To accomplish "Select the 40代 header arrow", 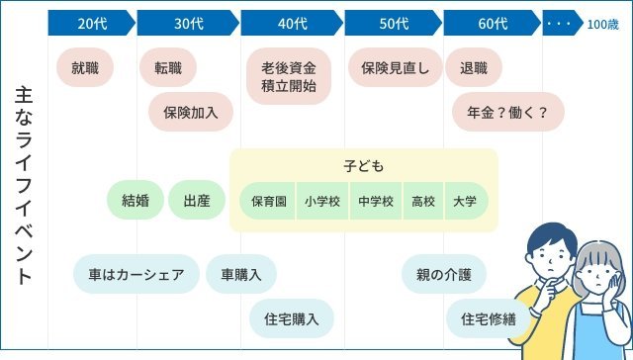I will click(291, 25).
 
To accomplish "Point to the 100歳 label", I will click(602, 25).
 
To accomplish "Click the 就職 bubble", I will click(92, 68).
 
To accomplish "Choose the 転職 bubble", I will click(168, 68).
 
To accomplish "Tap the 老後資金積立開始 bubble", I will click(290, 77).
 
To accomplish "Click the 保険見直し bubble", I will click(395, 68).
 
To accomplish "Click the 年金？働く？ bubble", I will click(506, 112).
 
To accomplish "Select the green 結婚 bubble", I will click(135, 200).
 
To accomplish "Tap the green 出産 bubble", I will click(197, 200).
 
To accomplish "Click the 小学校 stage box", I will click(322, 201).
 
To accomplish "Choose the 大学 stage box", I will click(465, 201).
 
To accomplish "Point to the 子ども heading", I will click(364, 165).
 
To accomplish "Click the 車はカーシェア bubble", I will click(136, 274).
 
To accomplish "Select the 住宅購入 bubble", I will click(292, 318).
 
